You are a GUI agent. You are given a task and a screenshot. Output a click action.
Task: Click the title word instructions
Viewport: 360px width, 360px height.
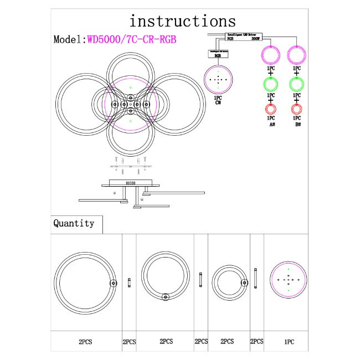(182, 21)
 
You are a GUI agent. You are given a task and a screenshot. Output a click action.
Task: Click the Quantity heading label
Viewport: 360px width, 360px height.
(74, 224)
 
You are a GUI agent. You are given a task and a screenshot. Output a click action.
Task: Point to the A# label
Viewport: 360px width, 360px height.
(272, 125)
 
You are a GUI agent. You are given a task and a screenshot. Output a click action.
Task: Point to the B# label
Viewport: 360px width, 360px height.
(298, 125)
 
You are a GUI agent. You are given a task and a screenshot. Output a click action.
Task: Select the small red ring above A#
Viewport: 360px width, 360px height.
(271, 109)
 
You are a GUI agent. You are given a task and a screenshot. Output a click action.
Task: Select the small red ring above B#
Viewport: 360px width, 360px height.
(297, 109)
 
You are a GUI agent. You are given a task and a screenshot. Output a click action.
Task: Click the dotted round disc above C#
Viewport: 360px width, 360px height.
(218, 80)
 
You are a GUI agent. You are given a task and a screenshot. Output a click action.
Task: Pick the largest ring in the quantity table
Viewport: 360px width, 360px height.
(85, 282)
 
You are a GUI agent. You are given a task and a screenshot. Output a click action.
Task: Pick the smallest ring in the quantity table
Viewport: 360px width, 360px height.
(229, 282)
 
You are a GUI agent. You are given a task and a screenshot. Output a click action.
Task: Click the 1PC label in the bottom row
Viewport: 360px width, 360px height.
(288, 343)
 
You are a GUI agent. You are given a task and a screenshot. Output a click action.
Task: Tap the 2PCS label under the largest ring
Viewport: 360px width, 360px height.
(85, 343)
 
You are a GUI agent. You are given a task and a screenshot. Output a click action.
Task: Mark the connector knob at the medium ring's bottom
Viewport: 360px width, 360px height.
(165, 297)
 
